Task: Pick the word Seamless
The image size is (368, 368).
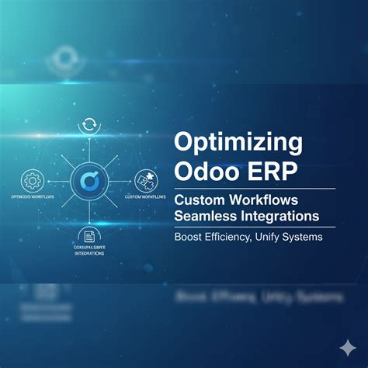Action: click(207, 214)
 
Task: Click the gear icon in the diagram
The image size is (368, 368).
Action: click(33, 180)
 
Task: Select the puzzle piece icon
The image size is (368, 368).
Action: click(144, 180)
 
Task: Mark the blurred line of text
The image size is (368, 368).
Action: click(248, 296)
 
